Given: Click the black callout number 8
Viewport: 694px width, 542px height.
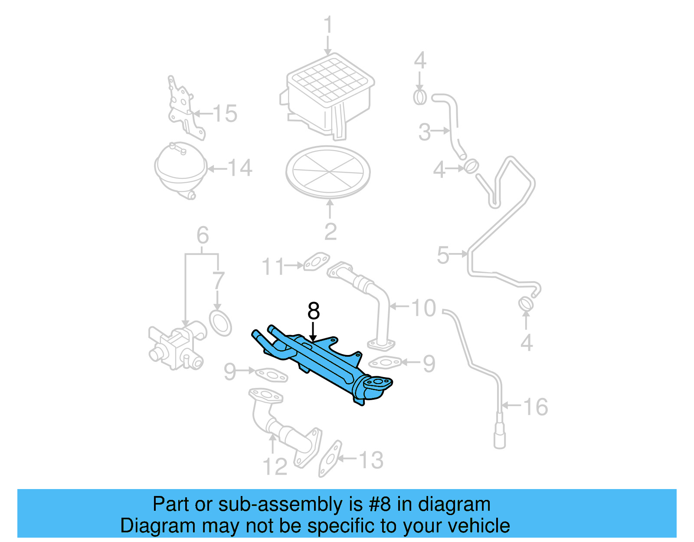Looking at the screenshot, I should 313,311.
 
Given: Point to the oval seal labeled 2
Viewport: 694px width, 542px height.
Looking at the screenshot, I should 328,171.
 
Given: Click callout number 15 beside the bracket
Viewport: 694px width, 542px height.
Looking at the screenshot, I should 225,114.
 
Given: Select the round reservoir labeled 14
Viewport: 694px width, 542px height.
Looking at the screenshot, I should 180,169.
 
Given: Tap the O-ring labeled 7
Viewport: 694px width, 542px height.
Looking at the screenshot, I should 221,323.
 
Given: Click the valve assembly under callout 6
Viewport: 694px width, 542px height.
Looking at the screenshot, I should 176,347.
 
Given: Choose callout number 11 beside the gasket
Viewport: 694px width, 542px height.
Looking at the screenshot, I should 273,266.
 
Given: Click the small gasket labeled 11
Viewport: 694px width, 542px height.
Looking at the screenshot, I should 317,262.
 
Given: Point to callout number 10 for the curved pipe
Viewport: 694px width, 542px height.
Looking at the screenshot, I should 423,308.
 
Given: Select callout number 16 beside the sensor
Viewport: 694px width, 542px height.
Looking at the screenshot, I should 535,407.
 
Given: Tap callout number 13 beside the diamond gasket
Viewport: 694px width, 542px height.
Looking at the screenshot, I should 371,460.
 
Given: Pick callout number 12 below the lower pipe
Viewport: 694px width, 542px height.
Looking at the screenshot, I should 275,467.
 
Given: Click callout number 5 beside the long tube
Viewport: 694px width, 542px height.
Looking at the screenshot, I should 443,255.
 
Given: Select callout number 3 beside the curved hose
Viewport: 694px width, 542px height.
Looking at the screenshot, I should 425,132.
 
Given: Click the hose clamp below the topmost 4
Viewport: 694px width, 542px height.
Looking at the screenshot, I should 420,97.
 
